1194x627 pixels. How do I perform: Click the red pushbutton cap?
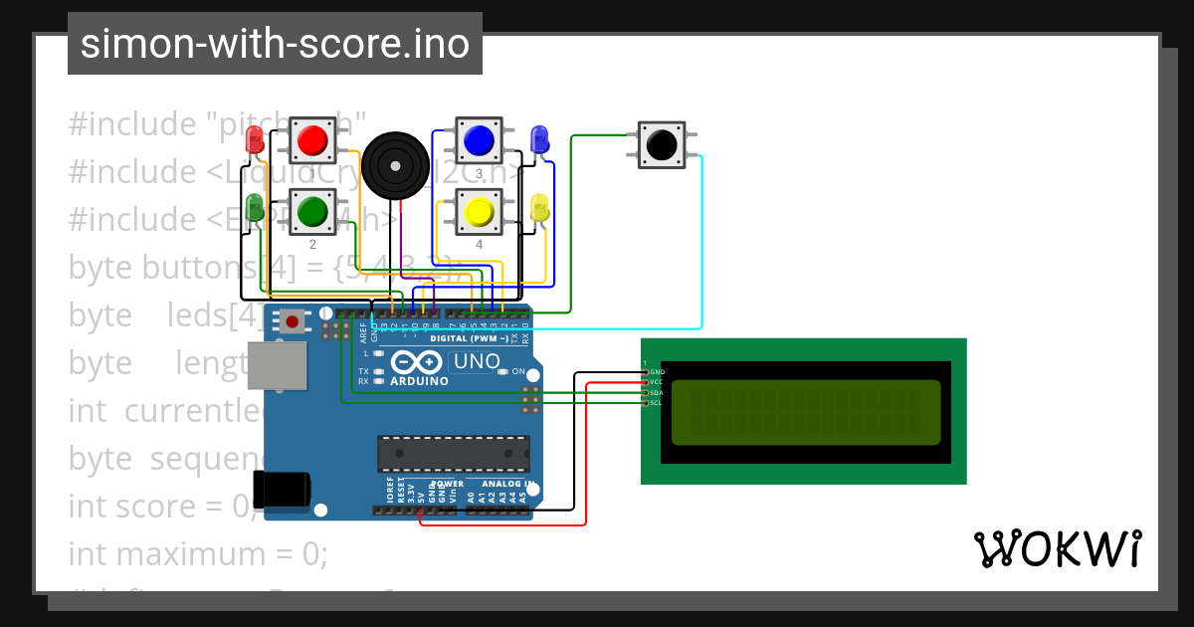[x=313, y=139]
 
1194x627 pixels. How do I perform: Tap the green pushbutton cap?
[x=313, y=211]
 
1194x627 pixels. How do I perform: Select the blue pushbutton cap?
[x=480, y=139]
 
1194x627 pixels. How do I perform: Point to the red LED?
[x=255, y=137]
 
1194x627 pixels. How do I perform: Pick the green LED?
[x=255, y=208]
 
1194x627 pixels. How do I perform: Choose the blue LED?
[x=539, y=138]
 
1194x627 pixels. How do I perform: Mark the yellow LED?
[x=539, y=208]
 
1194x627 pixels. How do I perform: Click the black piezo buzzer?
[x=395, y=165]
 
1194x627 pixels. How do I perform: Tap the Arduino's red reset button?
[x=293, y=321]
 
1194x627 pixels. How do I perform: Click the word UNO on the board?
[x=477, y=361]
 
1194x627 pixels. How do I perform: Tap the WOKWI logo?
[x=1057, y=548]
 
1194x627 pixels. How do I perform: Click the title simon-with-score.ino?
[x=275, y=44]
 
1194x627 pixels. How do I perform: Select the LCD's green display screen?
[x=806, y=412]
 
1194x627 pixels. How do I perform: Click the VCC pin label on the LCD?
[x=656, y=382]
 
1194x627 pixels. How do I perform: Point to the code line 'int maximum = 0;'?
[x=198, y=553]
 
